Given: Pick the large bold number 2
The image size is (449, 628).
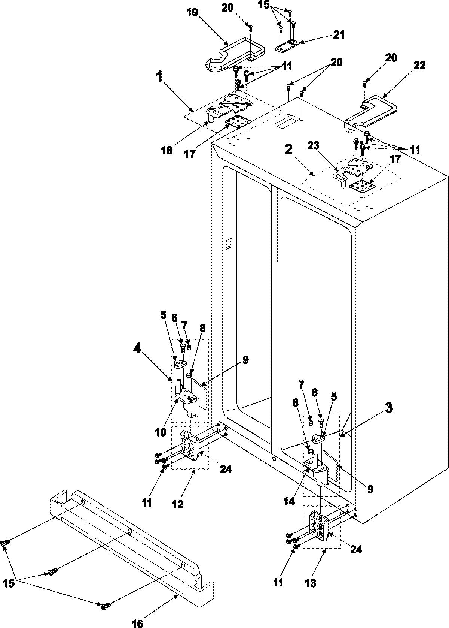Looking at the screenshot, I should (x=288, y=150).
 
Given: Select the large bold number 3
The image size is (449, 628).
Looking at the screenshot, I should (x=389, y=408).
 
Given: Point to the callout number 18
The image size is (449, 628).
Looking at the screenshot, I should (x=167, y=151).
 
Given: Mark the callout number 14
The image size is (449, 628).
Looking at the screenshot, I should (x=288, y=500).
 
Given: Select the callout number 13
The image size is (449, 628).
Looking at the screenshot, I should (x=310, y=583).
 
